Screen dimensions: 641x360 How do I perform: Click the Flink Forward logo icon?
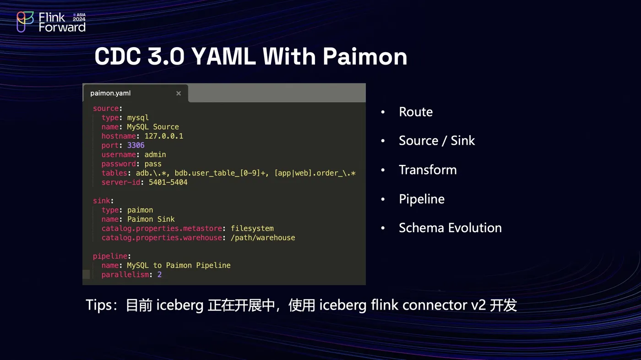click(x=25, y=22)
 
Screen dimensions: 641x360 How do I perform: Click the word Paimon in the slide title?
click(x=365, y=57)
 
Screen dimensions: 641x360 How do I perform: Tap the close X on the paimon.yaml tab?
click(x=179, y=93)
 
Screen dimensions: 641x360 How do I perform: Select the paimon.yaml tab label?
click(x=110, y=93)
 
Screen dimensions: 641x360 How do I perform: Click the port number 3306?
click(x=136, y=145)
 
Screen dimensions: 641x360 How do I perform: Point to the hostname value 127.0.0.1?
click(x=164, y=136)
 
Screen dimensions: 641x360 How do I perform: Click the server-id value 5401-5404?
click(x=168, y=182)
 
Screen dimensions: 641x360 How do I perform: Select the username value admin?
click(x=155, y=154)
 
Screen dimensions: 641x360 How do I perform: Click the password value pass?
click(x=153, y=164)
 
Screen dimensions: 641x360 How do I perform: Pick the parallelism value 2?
click(x=159, y=275)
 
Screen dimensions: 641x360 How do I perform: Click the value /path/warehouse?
click(x=263, y=238)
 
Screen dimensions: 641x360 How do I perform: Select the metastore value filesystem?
click(x=252, y=229)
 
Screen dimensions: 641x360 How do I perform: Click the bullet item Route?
click(x=416, y=112)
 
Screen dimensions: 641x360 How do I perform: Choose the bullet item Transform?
click(x=428, y=170)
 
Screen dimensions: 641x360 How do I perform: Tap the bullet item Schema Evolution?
click(x=450, y=228)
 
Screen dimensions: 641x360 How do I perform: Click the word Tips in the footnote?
click(x=99, y=305)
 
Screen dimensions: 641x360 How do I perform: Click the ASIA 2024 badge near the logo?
click(x=79, y=17)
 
